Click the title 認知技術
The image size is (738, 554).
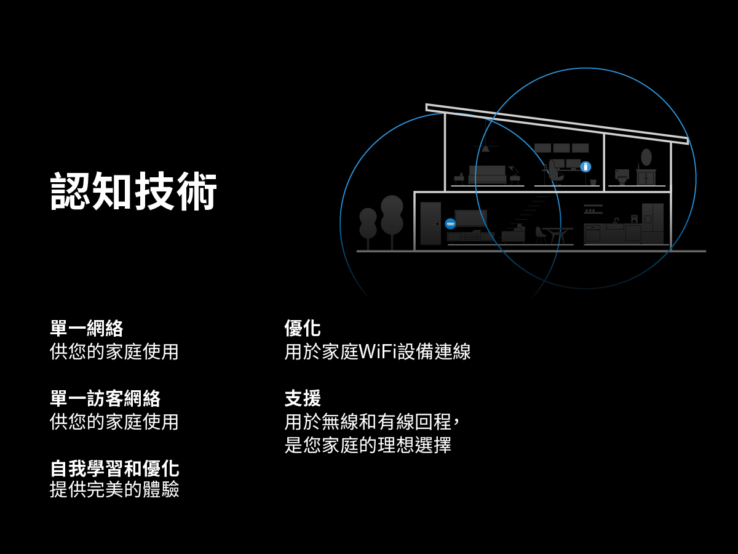[x=133, y=191]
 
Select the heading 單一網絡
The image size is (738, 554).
[x=86, y=328]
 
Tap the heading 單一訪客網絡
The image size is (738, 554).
[x=105, y=398]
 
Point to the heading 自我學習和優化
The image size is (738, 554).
[x=114, y=468]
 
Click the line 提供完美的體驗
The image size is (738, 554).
[x=114, y=490]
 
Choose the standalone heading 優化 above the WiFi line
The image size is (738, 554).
[x=303, y=328]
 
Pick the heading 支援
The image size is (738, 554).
[x=303, y=398]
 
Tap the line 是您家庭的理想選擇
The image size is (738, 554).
[x=368, y=445]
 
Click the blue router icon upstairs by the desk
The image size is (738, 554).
[x=585, y=167]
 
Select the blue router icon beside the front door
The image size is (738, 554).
[x=450, y=223]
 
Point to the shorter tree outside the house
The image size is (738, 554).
[x=368, y=224]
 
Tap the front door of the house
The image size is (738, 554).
[x=430, y=223]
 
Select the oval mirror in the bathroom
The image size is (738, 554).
[x=646, y=157]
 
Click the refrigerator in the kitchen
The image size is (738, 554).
[x=653, y=223]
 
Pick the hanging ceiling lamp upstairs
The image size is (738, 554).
[x=486, y=147]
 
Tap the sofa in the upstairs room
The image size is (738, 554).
[x=487, y=174]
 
